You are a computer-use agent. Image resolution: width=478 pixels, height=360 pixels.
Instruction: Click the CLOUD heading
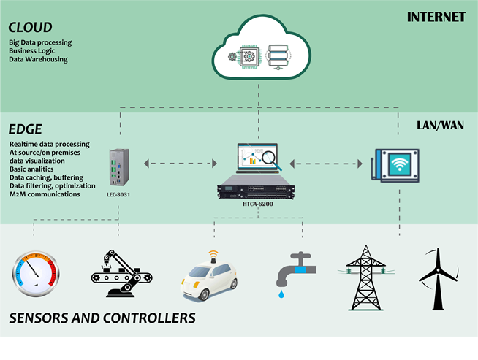(x=30, y=28)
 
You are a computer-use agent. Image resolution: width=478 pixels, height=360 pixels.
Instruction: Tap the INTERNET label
(x=436, y=17)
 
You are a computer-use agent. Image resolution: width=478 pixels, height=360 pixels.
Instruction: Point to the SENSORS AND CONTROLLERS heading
(x=102, y=318)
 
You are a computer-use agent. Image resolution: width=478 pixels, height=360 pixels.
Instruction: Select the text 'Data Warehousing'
(x=39, y=59)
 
